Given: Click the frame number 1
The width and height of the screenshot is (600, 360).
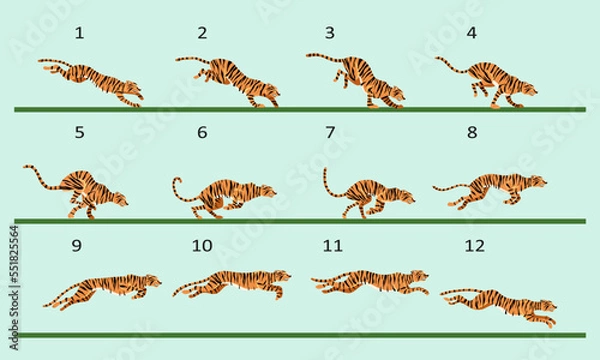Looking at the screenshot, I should (79, 33).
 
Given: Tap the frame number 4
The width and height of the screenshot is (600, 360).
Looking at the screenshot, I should (471, 33).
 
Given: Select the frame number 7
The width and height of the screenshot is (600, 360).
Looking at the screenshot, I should (330, 132).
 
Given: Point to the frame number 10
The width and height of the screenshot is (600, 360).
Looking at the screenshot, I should (203, 245).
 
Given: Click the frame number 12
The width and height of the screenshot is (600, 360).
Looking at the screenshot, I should (476, 245).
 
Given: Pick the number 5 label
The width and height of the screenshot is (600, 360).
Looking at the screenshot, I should (79, 132).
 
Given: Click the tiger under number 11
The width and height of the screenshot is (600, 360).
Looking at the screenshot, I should (370, 283).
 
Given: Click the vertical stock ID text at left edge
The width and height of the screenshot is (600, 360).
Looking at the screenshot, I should (13, 270).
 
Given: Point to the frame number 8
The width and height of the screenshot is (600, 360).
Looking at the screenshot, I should (472, 132).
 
